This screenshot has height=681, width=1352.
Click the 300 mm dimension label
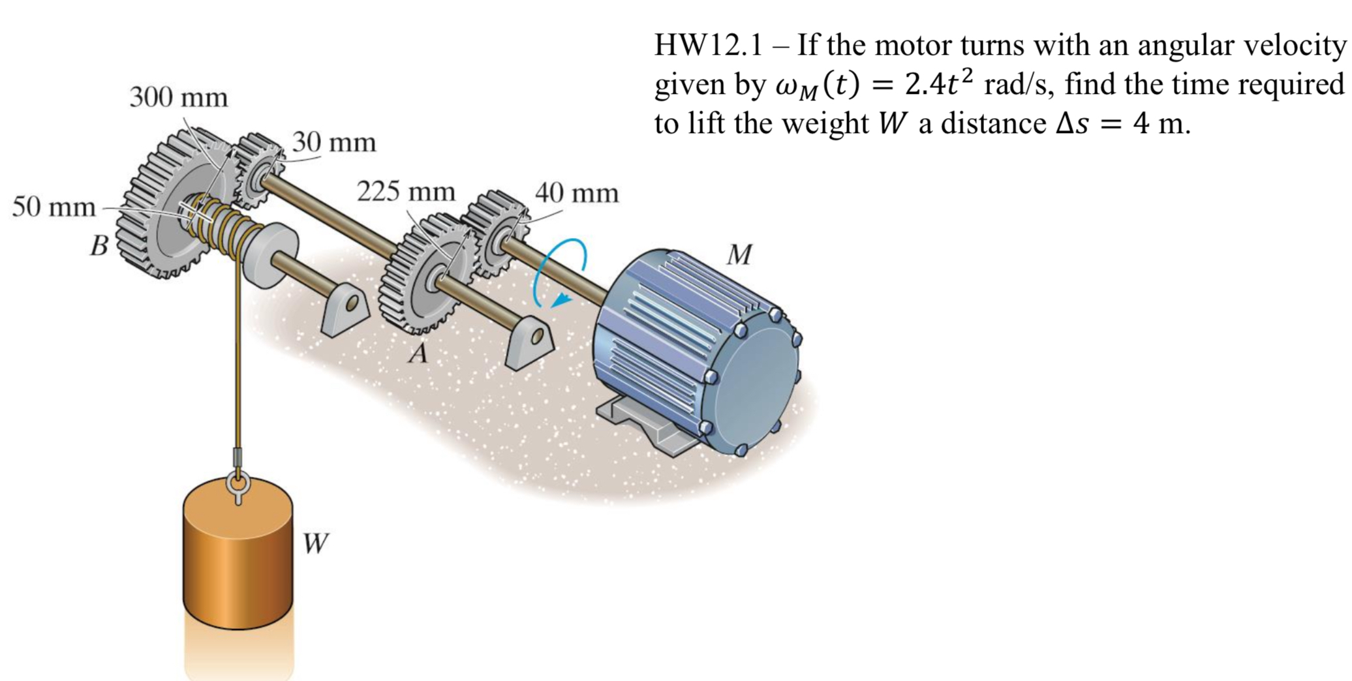pos(178,98)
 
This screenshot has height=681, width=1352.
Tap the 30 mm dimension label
pos(333,142)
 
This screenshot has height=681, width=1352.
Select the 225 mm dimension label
pos(405,192)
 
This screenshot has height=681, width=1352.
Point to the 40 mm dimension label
pos(576,193)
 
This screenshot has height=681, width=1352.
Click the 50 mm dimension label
pos(54,207)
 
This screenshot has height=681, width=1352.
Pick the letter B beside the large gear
pos(99,246)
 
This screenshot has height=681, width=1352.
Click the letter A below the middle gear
pos(418,353)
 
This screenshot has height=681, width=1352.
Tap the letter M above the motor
pos(739,254)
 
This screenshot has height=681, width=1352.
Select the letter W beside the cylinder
pos(315,543)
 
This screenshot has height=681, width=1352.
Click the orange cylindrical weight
pos(238,561)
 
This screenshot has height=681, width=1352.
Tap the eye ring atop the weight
pos(237,486)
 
